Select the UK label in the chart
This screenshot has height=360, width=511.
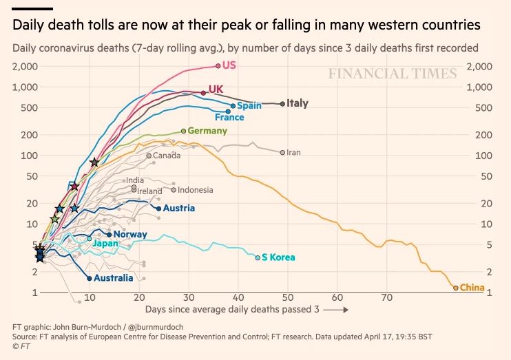(x=215, y=89)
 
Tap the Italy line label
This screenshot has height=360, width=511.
(x=298, y=103)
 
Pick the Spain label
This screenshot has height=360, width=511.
(x=249, y=106)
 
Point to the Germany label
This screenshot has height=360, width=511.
(x=207, y=131)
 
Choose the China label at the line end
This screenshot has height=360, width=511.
(x=472, y=288)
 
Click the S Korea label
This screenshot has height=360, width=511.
(x=278, y=257)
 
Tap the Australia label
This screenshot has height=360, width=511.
(x=113, y=278)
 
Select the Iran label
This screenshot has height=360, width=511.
(x=293, y=152)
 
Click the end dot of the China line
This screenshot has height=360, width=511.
(x=456, y=288)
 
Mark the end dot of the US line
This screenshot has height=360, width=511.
(x=218, y=65)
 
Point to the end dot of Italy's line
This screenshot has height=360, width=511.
(x=282, y=104)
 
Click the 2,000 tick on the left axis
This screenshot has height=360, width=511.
(x=25, y=66)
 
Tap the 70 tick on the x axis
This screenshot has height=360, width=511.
(x=387, y=298)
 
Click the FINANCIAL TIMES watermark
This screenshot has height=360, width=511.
(x=392, y=74)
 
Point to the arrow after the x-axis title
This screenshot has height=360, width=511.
(x=336, y=310)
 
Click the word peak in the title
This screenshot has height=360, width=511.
(x=209, y=25)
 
